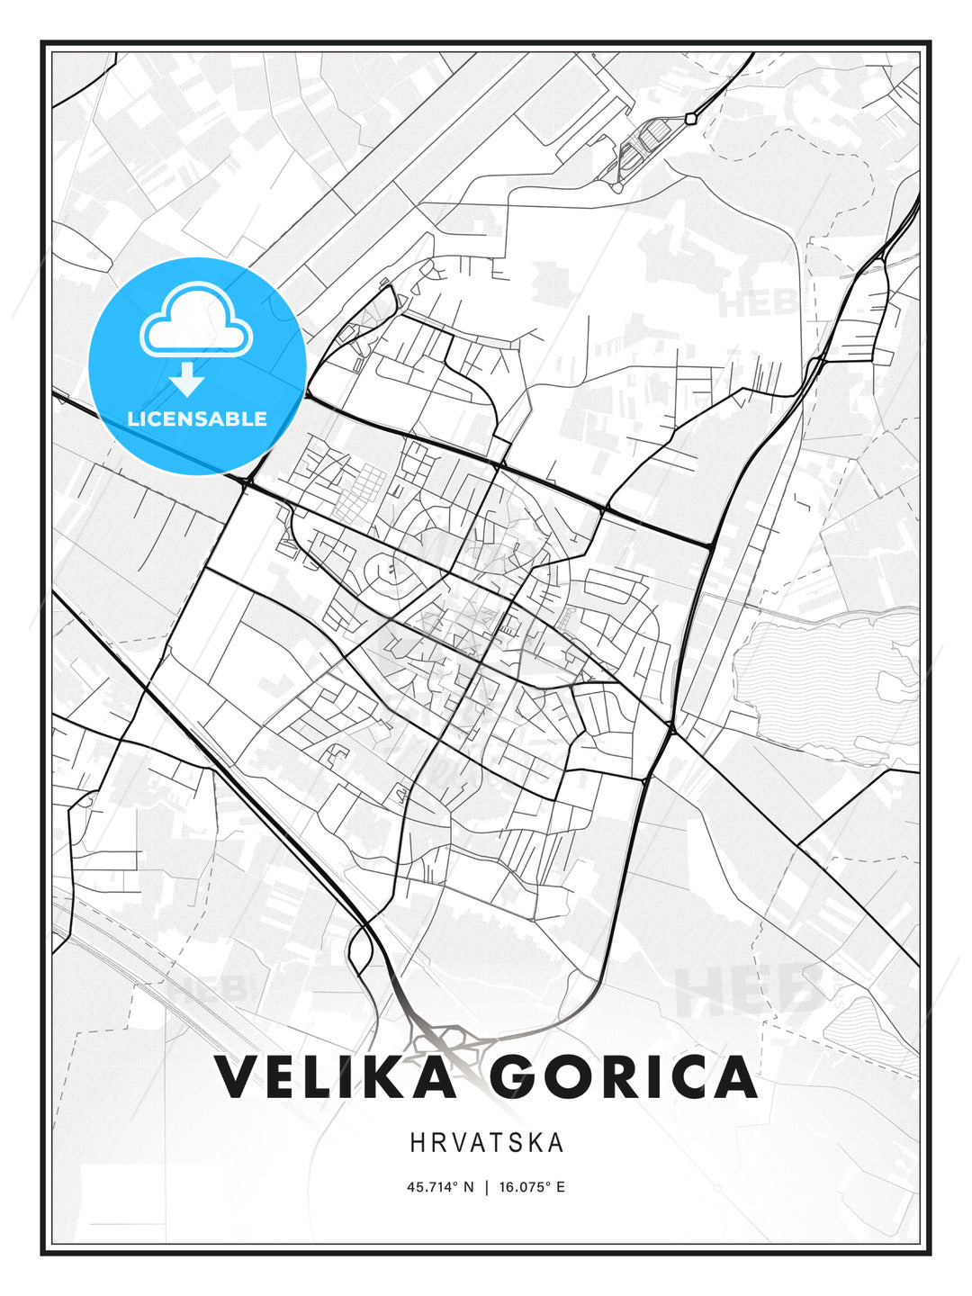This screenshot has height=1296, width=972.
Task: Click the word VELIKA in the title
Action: tap(335, 1076)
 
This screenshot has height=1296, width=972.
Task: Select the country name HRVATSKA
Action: tap(487, 1143)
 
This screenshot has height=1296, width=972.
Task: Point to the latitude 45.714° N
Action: tap(440, 1187)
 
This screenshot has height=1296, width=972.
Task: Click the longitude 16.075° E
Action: tap(532, 1187)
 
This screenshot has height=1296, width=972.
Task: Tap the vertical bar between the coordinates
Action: tap(487, 1187)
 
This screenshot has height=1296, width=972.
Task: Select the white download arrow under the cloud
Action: tap(187, 378)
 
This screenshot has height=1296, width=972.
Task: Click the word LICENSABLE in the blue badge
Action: tap(197, 418)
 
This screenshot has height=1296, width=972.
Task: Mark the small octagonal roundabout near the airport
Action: tap(690, 118)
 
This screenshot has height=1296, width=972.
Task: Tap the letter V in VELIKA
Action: tap(236, 1076)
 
